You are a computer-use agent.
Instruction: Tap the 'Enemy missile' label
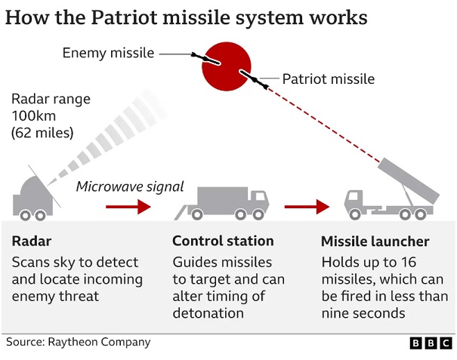tap(108, 53)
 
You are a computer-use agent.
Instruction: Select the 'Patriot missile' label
tap(328, 78)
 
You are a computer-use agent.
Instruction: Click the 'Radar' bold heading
tap(32, 242)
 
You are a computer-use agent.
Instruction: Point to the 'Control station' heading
tap(223, 242)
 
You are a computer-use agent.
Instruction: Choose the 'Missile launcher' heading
tap(375, 242)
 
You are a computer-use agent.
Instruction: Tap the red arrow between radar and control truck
tap(128, 206)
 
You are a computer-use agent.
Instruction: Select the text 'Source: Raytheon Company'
tap(78, 342)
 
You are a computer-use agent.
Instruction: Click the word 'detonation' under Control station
tap(208, 313)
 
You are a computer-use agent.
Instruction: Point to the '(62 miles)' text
tap(42, 134)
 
